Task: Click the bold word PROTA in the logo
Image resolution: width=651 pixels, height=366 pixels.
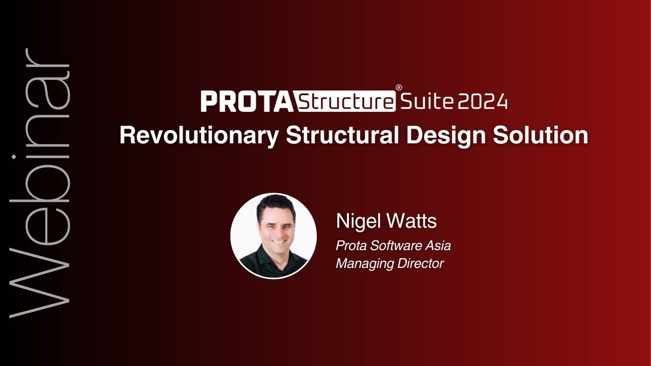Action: tap(247, 101)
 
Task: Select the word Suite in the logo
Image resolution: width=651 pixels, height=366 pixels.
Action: tap(427, 102)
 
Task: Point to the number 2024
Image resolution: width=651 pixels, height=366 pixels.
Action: tap(483, 102)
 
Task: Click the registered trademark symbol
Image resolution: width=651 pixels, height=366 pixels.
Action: tap(399, 87)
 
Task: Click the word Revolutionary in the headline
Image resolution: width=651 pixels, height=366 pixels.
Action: tap(199, 135)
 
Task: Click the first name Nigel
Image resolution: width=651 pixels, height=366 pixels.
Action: tap(357, 221)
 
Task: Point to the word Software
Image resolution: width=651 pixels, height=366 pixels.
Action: tap(396, 246)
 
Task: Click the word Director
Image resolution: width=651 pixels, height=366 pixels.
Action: tap(420, 264)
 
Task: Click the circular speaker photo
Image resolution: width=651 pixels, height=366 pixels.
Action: tap(274, 235)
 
